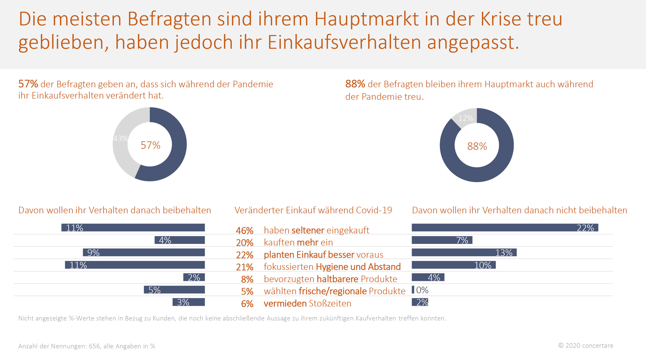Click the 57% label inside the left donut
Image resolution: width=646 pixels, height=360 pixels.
click(x=151, y=145)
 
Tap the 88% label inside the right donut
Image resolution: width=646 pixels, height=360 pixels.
click(x=477, y=146)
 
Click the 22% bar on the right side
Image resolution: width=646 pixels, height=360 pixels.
click(x=505, y=228)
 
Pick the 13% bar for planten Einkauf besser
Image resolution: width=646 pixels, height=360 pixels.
click(x=464, y=252)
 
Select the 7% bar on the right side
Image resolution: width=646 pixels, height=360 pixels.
click(x=442, y=240)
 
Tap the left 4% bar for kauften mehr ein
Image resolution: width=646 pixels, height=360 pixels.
click(x=180, y=240)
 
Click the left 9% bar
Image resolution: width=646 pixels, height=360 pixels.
click(x=144, y=252)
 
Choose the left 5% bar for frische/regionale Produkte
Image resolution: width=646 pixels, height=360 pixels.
click(x=174, y=290)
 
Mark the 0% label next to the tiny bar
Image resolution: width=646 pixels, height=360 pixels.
click(x=422, y=290)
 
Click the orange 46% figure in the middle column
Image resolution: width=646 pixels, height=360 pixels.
click(x=245, y=231)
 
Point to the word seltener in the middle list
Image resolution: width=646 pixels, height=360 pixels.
click(x=307, y=230)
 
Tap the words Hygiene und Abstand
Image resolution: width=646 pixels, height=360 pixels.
click(x=358, y=267)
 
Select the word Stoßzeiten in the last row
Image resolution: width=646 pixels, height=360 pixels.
click(x=330, y=303)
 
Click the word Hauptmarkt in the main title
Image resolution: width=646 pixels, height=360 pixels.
click(x=366, y=19)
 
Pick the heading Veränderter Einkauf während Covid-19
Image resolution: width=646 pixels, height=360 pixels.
click(x=313, y=210)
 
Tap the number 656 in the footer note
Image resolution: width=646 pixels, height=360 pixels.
click(x=94, y=346)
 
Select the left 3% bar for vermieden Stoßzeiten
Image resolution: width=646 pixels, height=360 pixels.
click(x=189, y=302)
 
